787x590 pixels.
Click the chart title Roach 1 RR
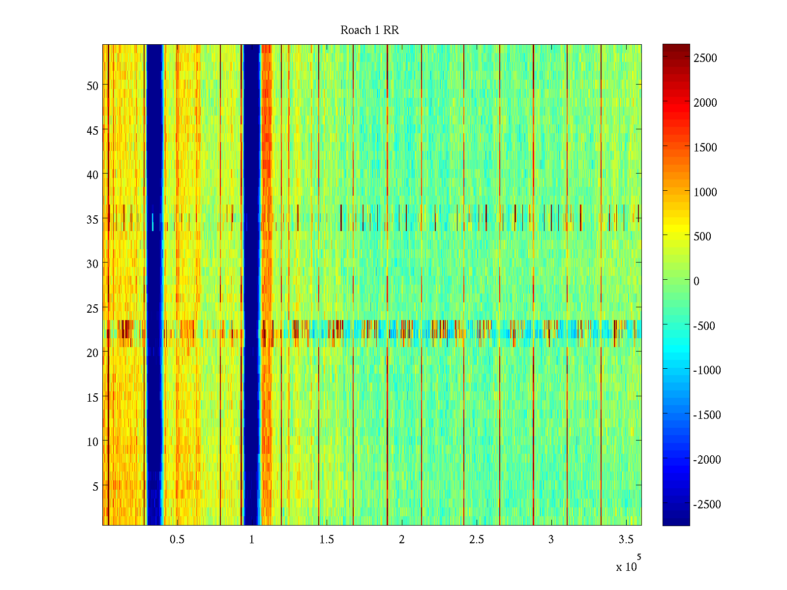[x=369, y=30]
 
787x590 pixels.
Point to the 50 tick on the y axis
[x=92, y=86]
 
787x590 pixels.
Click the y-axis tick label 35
[x=92, y=219]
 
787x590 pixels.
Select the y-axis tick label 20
[x=92, y=353]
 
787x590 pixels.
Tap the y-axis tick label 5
[x=95, y=487]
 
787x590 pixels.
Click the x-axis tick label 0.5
[x=177, y=540]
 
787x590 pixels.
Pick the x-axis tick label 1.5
[x=327, y=540]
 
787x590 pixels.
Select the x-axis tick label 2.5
[x=476, y=540]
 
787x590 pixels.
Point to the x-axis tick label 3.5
[x=626, y=540]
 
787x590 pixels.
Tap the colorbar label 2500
[x=705, y=58]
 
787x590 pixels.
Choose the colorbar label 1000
[x=705, y=192]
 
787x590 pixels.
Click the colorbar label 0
[x=696, y=281]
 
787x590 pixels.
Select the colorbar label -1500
[x=707, y=415]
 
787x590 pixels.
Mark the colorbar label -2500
[x=707, y=504]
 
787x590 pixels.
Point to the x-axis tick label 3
[x=551, y=540]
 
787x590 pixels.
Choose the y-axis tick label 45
[x=92, y=130]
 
